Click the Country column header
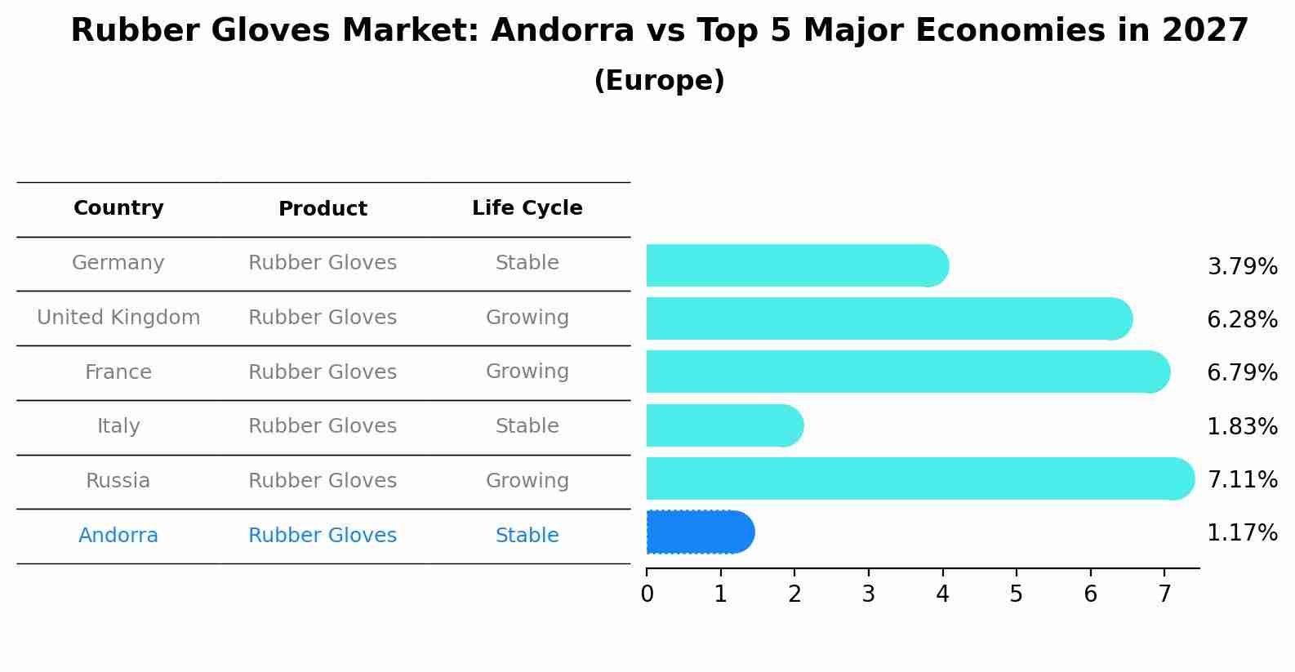click(x=118, y=208)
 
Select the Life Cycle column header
click(x=527, y=208)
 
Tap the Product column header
click(x=323, y=209)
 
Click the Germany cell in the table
click(x=118, y=263)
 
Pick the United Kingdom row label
click(x=118, y=318)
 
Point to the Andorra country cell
click(x=118, y=536)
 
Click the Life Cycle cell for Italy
click(x=527, y=426)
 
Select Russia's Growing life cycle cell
click(x=527, y=481)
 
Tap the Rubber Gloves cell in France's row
click(x=323, y=372)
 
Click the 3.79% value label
click(x=1242, y=267)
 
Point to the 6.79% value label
click(x=1242, y=373)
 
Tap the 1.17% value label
click(x=1242, y=533)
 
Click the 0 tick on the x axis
click(x=647, y=594)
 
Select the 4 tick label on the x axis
click(x=942, y=594)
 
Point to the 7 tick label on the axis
click(x=1164, y=594)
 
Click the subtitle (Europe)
click(x=659, y=81)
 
